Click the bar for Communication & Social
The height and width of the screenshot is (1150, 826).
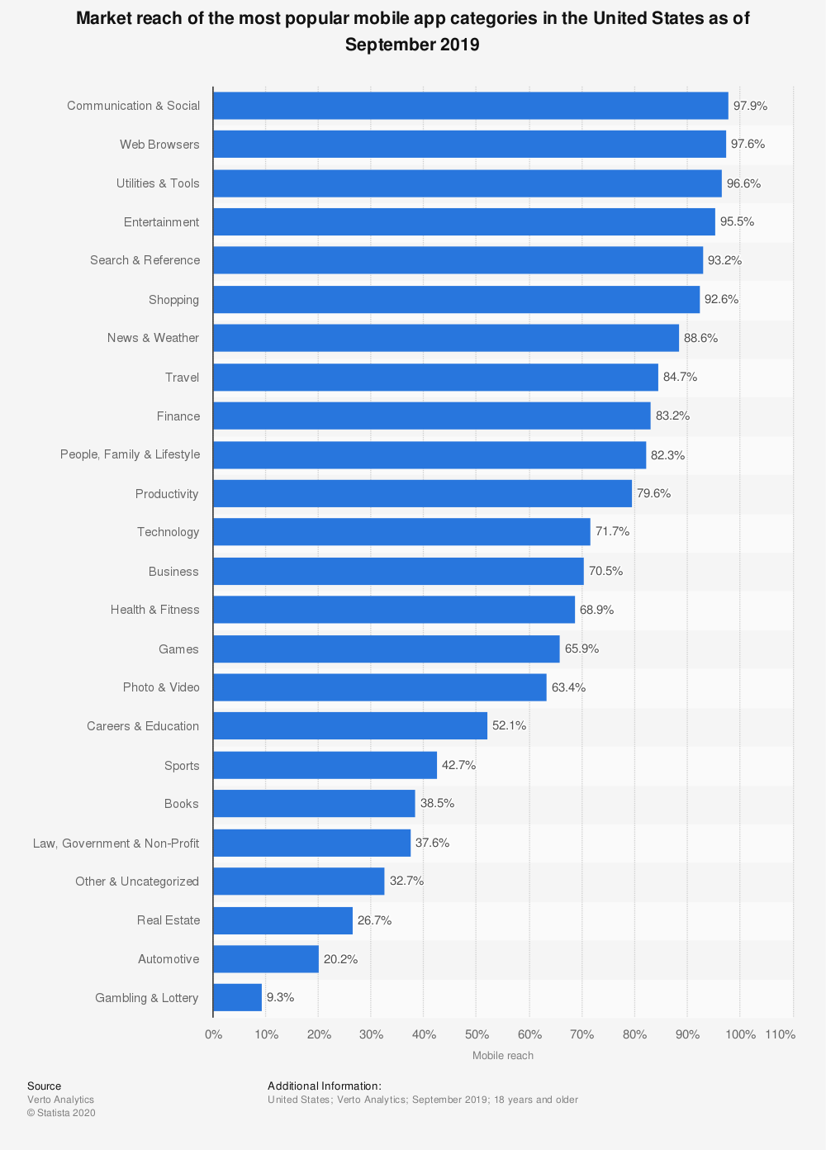(470, 106)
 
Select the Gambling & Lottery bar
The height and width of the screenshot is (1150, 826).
(237, 997)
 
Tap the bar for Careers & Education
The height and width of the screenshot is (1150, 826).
(350, 726)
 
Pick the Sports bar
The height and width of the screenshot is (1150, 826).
(325, 765)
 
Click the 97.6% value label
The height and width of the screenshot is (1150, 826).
(748, 145)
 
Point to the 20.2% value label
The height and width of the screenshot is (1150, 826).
(340, 959)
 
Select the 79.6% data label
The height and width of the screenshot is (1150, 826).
(653, 494)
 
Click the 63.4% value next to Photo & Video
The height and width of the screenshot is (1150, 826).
(568, 687)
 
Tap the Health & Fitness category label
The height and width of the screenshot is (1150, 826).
(154, 610)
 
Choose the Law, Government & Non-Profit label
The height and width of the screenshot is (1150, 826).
(116, 843)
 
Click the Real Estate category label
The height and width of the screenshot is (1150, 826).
(168, 920)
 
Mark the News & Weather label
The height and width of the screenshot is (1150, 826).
(153, 338)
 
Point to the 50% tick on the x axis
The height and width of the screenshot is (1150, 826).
(477, 1034)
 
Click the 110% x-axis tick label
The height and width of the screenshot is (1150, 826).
(780, 1034)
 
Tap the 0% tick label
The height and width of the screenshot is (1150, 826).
(213, 1034)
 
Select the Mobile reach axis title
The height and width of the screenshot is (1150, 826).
(502, 1056)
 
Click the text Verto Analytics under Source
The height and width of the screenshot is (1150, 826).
(60, 1100)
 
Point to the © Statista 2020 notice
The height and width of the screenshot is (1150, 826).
(61, 1113)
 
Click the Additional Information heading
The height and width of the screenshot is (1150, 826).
(324, 1086)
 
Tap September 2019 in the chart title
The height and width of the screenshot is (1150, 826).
(412, 45)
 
